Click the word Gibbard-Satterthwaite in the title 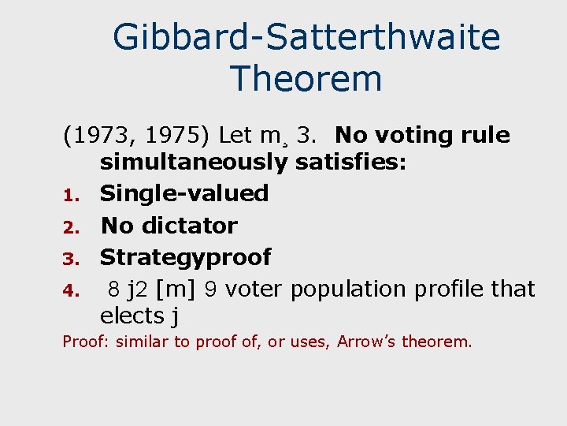tap(306, 37)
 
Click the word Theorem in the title tap(306, 79)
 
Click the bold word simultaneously tap(194, 163)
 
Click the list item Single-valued tap(184, 193)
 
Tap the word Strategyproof tap(186, 257)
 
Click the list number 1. tap(68, 196)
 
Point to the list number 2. tap(69, 228)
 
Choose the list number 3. tap(69, 260)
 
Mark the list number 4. tap(69, 291)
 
